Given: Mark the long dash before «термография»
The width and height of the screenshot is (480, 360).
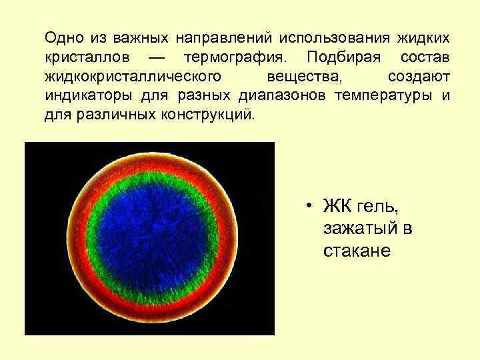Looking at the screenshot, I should click(159, 54).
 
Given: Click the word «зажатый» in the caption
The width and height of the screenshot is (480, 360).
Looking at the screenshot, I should click(360, 229).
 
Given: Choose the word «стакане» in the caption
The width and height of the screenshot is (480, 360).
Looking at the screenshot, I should click(357, 251).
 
